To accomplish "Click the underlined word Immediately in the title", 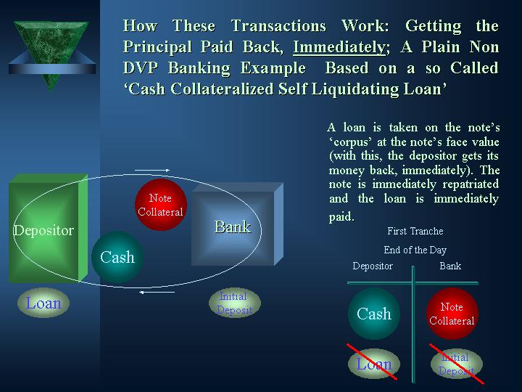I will click(338, 47).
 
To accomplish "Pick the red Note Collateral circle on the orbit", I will click(161, 205).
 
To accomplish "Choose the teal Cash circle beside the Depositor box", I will click(117, 257).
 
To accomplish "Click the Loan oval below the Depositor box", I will click(43, 303).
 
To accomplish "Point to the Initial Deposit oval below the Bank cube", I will click(233, 303).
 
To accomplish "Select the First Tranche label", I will click(415, 232).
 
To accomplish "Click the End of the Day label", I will click(415, 250).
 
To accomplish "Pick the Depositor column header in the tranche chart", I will click(373, 266).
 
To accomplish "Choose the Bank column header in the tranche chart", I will click(450, 266).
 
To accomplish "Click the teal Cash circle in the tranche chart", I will click(374, 314).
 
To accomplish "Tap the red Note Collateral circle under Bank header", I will click(452, 314).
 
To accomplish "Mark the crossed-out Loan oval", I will click(374, 364).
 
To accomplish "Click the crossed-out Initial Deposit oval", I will click(456, 364).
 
